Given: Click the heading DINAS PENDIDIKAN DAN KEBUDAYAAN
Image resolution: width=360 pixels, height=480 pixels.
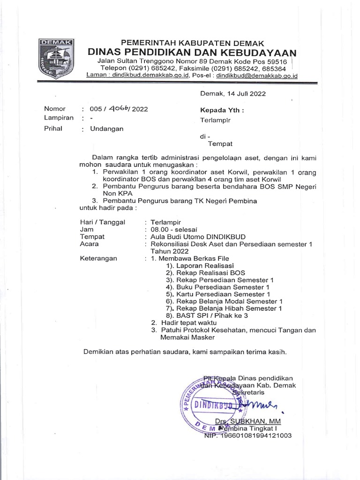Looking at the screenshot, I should [193, 52].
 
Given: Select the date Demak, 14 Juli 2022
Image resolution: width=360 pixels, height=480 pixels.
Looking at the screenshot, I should [233, 93].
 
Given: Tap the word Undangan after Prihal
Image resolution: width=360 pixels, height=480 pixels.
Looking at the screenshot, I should [106, 129].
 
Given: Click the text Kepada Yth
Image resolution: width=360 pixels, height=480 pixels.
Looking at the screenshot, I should [222, 111].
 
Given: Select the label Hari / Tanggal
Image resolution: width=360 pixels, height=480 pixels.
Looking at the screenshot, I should [103, 222].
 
